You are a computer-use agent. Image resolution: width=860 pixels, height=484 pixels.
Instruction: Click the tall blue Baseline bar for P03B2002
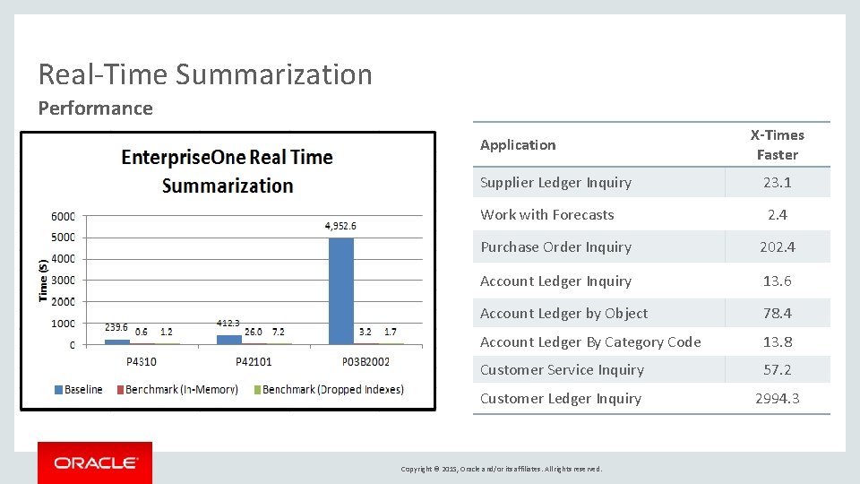341,291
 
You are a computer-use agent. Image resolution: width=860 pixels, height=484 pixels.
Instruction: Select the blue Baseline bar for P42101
229,340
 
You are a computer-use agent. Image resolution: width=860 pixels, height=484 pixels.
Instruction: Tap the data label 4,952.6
340,226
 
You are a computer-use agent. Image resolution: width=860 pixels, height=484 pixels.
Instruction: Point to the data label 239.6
116,327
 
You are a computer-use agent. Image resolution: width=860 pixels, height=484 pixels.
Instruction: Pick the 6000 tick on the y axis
63,216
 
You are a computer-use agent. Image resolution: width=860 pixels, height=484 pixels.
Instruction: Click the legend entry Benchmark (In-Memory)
181,389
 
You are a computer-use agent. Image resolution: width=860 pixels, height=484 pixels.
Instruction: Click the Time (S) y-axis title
43,280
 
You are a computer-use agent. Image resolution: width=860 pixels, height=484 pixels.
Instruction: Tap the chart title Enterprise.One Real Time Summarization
227,171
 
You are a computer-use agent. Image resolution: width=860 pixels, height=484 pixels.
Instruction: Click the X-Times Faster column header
777,144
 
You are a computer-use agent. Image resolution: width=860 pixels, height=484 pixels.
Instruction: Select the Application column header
518,144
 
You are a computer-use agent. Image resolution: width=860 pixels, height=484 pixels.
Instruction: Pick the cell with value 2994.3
777,398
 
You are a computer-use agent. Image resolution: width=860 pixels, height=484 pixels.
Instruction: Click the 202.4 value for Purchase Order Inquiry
777,246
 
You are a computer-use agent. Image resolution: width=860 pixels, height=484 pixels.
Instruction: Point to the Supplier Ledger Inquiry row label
555,182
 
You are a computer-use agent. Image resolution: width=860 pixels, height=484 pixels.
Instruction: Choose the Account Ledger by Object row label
563,313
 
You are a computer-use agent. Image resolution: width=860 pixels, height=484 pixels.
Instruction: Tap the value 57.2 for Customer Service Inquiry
777,369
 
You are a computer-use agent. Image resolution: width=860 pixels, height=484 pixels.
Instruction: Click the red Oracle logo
95,462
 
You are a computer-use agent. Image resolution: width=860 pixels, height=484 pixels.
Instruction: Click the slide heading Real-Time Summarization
205,73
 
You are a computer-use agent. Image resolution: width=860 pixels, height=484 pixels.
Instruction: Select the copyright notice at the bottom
501,469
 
